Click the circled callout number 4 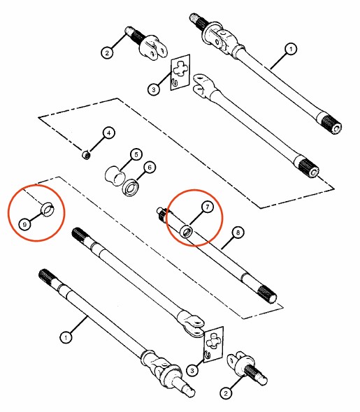click(x=109, y=133)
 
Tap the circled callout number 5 click(x=136, y=154)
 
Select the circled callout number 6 click(x=150, y=168)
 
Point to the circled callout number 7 click(x=208, y=207)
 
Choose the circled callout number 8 click(x=238, y=233)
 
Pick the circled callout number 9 click(x=24, y=225)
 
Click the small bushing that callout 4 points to click(x=86, y=155)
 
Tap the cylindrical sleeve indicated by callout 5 click(x=114, y=175)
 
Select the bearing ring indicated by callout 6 click(x=131, y=188)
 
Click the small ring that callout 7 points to click(x=186, y=231)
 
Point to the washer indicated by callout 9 click(x=48, y=209)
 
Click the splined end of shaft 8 click(x=266, y=294)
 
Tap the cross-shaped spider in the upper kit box click(x=180, y=69)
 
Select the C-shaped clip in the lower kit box click(x=208, y=355)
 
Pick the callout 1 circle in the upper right click(x=291, y=49)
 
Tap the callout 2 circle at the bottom click(x=226, y=393)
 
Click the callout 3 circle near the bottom click(x=192, y=371)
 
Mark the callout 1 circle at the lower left click(x=66, y=337)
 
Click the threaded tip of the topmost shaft click(x=194, y=17)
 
